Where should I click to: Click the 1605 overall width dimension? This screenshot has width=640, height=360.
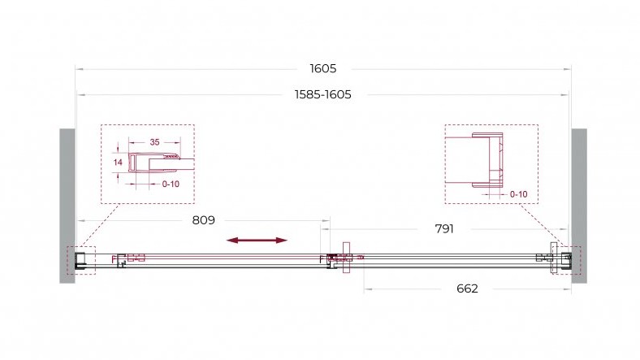pyautogui.click(x=323, y=68)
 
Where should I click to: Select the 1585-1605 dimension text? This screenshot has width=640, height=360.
pyautogui.click(x=323, y=95)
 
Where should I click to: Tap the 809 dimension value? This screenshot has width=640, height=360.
pyautogui.click(x=203, y=220)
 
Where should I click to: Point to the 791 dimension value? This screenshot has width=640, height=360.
pyautogui.click(x=444, y=229)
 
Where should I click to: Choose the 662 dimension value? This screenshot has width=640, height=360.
pyautogui.click(x=467, y=288)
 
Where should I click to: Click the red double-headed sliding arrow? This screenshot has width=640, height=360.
pyautogui.click(x=257, y=241)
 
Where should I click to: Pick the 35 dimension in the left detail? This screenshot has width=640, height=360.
pyautogui.click(x=154, y=142)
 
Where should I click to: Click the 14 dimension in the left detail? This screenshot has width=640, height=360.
pyautogui.click(x=118, y=163)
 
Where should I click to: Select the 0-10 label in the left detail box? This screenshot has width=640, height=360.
pyautogui.click(x=171, y=184)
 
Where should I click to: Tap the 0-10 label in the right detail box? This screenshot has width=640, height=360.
pyautogui.click(x=519, y=194)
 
